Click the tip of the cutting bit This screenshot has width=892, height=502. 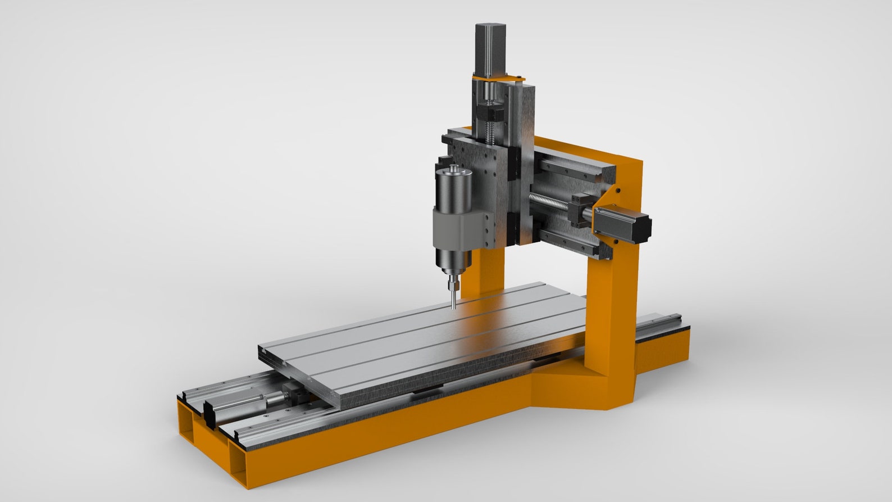coord(453,307)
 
